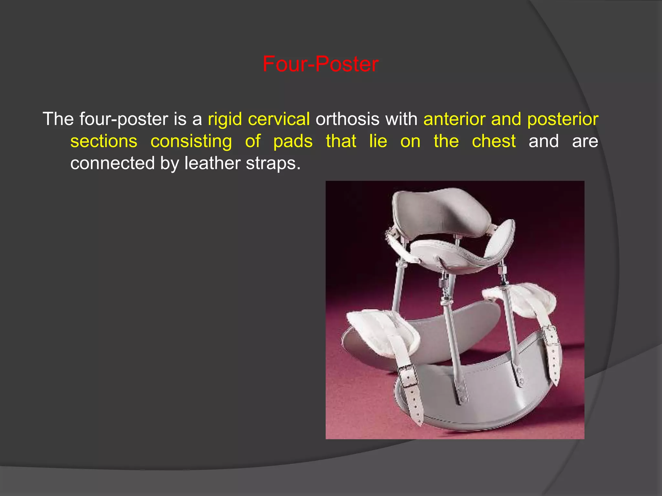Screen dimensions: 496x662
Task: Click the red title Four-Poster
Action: (x=320, y=64)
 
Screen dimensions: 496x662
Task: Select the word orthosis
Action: (x=347, y=119)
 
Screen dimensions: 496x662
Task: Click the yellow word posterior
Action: (x=562, y=119)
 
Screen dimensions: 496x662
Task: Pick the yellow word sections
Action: (x=104, y=141)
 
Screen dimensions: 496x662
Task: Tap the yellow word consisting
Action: (x=191, y=141)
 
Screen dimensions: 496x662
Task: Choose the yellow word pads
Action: (x=293, y=141)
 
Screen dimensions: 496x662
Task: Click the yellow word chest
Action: (x=494, y=141)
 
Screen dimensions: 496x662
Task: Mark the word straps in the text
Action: (x=273, y=163)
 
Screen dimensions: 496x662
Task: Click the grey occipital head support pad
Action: (x=440, y=212)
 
